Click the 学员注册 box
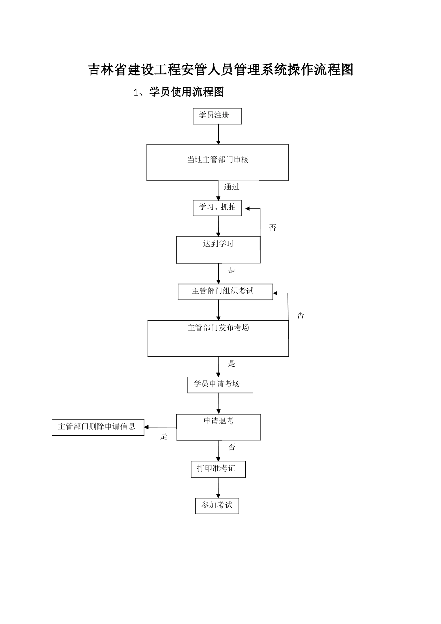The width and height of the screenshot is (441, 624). pos(217,116)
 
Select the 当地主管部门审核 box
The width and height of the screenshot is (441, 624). pos(217,162)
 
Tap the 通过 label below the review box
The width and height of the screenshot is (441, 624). pos(232,187)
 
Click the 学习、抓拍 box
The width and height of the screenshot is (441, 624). pos(217,208)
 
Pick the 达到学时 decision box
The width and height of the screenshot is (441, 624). pos(218,250)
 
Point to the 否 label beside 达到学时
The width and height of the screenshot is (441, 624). pos(272,227)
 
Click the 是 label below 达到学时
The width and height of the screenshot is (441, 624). pos(232,270)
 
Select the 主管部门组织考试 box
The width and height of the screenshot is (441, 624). pos(225,292)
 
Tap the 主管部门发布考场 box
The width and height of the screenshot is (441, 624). pos(218,338)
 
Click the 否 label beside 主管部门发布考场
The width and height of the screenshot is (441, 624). pos(300,316)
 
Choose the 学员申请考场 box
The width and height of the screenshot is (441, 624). pos(220,385)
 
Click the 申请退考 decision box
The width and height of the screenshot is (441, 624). pos(218,427)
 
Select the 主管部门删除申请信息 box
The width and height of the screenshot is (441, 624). pos(97,427)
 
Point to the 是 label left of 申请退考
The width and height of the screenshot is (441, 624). pos(163,436)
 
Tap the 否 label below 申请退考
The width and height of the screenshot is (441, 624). pos(232,447)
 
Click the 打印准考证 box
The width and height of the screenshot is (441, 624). pos(218,469)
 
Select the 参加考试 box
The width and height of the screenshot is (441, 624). pos(217,506)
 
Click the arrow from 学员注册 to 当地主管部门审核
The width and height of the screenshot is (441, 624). pos(218,135)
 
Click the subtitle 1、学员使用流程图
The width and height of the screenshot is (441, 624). pos(179,92)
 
